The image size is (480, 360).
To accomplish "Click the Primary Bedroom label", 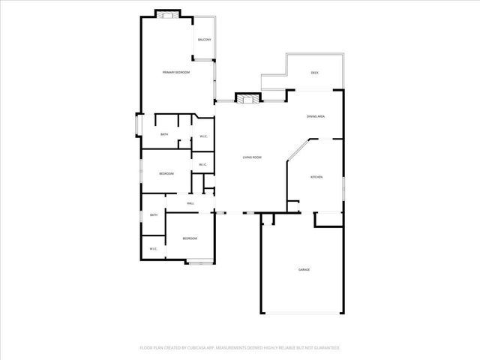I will [x=176, y=72].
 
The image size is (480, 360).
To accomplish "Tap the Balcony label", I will [x=204, y=40].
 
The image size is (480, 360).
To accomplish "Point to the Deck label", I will [x=315, y=72].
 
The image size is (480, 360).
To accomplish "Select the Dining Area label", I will [x=315, y=116].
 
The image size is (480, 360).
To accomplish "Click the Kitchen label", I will [x=316, y=177].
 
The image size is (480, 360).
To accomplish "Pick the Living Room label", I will [x=251, y=157].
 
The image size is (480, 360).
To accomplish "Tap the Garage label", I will [x=304, y=269].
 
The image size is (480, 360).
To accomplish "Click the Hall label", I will [x=190, y=203].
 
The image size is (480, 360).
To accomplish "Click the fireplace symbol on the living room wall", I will [x=247, y=97].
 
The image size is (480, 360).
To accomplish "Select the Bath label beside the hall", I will [x=153, y=215].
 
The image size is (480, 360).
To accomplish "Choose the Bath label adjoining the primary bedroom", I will [x=164, y=134].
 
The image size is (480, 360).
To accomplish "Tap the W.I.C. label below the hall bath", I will [x=153, y=249].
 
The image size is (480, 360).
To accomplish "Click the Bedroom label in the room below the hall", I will [x=190, y=238].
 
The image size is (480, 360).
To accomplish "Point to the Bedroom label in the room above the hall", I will [x=166, y=173].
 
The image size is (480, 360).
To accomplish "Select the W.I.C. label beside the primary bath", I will [x=202, y=136].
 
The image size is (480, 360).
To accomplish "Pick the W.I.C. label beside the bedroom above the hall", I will [x=202, y=164].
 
